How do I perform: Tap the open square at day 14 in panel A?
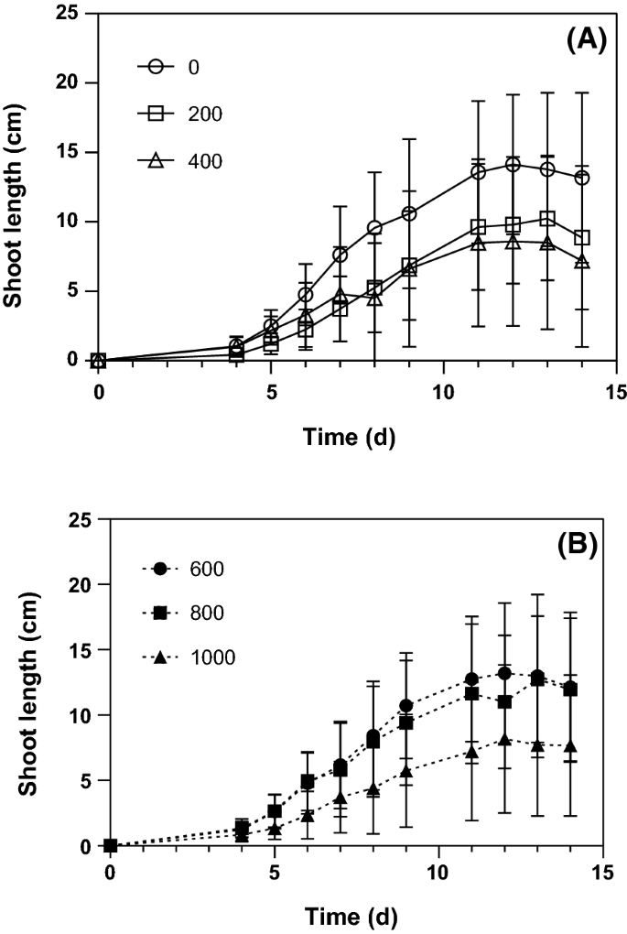click(x=582, y=238)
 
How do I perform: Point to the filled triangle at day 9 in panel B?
click(x=405, y=772)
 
